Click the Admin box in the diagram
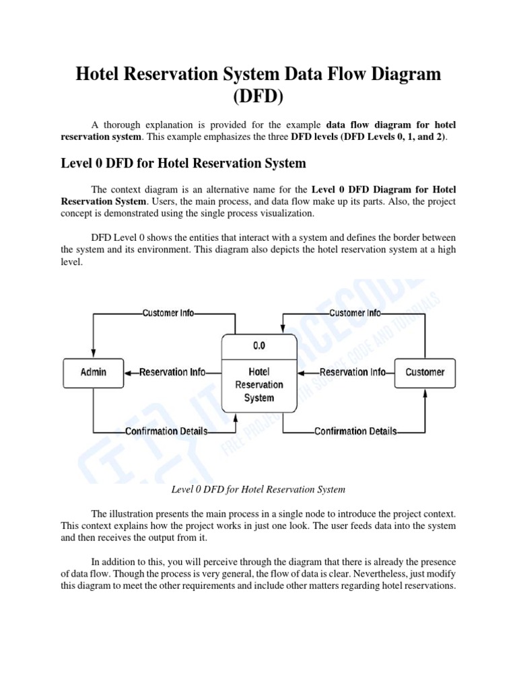(x=94, y=372)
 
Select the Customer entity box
(x=425, y=372)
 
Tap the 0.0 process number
(x=259, y=346)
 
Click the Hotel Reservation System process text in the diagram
(x=259, y=384)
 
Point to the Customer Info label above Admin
(x=168, y=313)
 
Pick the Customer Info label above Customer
(x=355, y=313)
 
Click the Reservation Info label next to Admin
(x=172, y=372)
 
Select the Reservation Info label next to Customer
(x=353, y=372)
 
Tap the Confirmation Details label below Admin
(x=166, y=431)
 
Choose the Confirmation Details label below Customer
(x=355, y=431)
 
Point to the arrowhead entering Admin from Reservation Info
(x=130, y=372)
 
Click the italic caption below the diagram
(x=258, y=489)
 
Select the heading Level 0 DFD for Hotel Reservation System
(x=183, y=163)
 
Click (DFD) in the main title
(x=258, y=96)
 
